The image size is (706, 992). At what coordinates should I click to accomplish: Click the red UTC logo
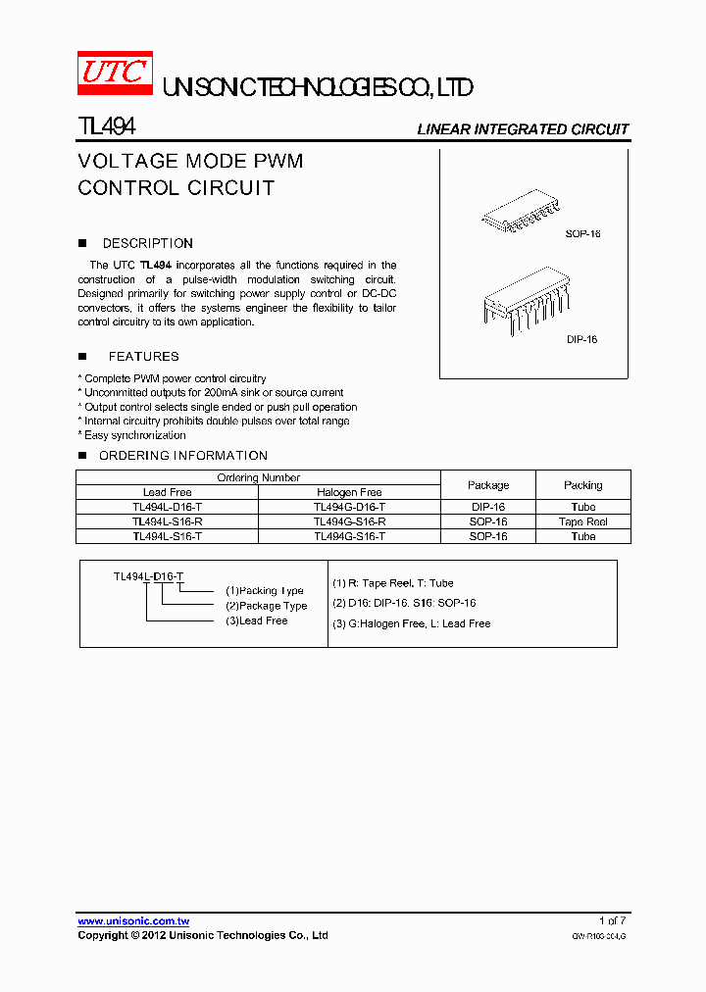(x=115, y=74)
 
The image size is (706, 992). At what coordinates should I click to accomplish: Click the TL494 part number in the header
(x=106, y=127)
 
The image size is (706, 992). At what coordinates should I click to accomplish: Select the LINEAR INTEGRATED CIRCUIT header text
(x=523, y=129)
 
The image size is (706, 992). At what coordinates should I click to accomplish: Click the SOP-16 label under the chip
(x=582, y=234)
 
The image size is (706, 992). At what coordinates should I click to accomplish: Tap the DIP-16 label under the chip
(x=581, y=339)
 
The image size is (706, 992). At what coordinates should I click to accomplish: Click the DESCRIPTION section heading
(x=147, y=243)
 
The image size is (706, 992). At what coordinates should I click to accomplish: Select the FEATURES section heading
(x=143, y=357)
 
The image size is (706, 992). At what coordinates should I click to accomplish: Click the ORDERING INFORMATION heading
(x=182, y=456)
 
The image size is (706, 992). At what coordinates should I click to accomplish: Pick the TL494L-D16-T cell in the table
(x=167, y=507)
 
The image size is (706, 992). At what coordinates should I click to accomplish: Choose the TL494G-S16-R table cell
(x=349, y=521)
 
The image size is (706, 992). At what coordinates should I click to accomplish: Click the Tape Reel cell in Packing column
(x=582, y=521)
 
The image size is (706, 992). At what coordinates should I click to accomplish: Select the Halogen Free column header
(x=349, y=492)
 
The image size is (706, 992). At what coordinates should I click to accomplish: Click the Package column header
(x=487, y=485)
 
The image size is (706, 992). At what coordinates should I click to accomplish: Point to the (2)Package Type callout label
(x=266, y=606)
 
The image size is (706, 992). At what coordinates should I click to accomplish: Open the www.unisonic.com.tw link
(x=133, y=921)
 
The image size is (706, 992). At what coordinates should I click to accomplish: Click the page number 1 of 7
(x=612, y=921)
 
